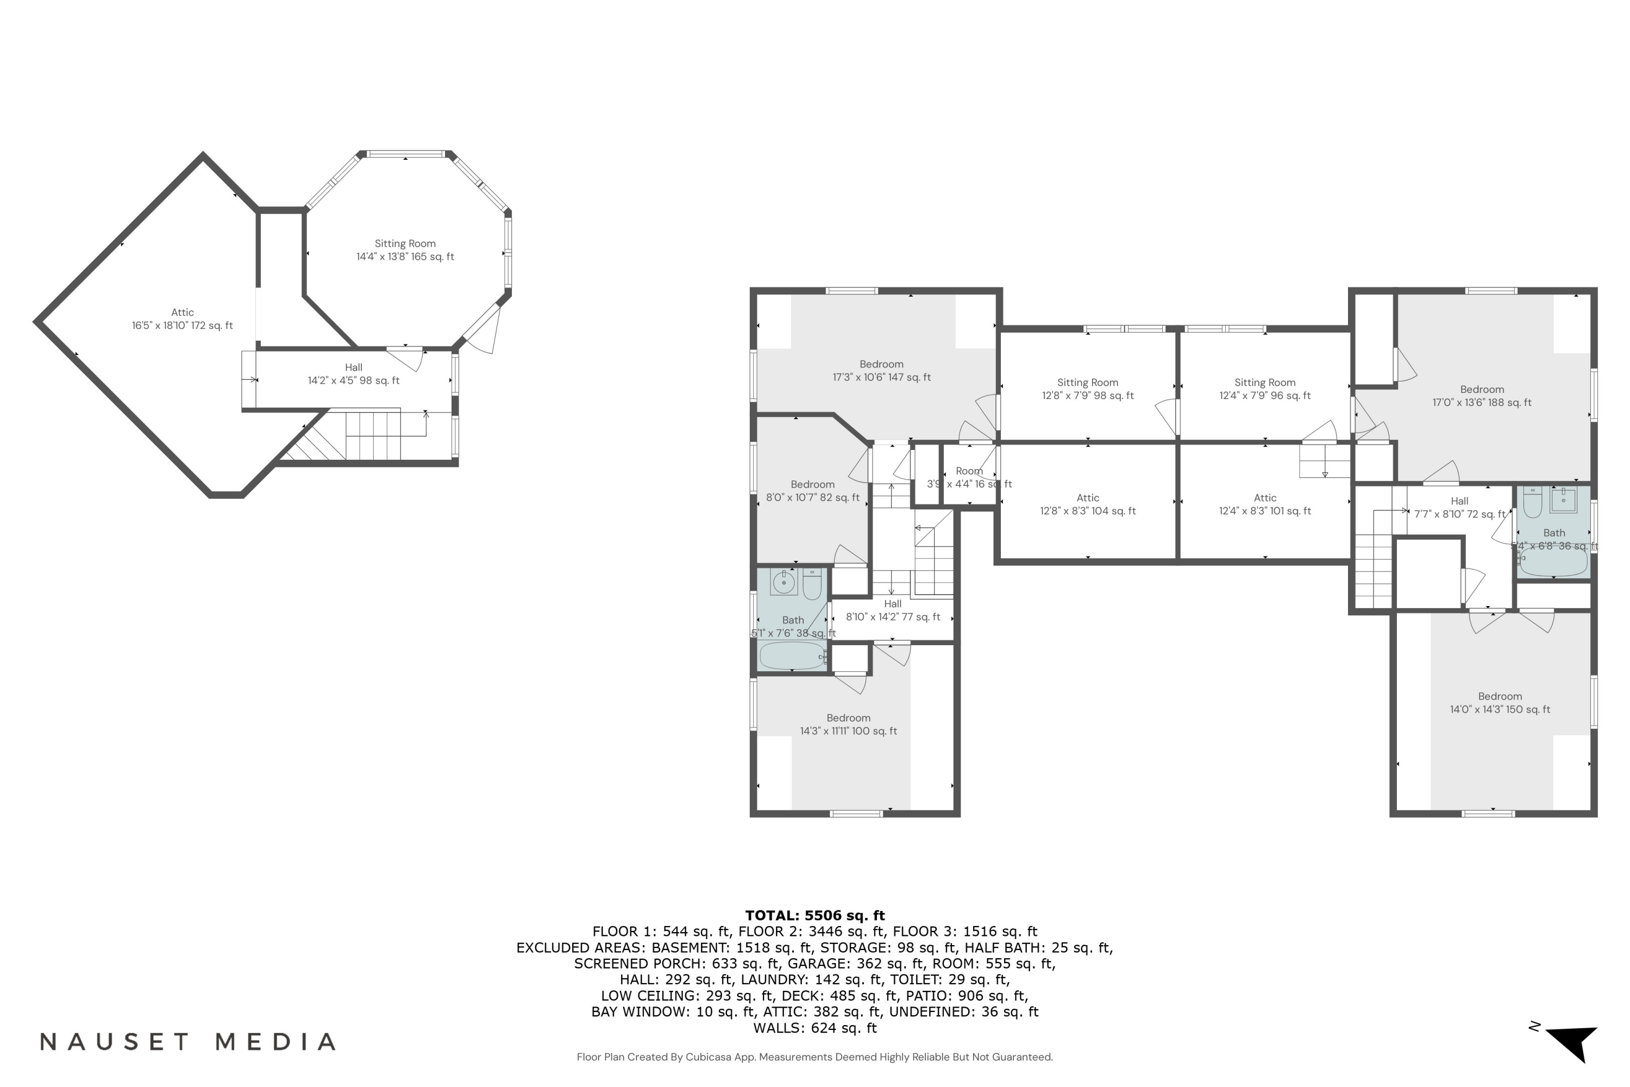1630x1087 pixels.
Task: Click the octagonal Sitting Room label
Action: tap(405, 250)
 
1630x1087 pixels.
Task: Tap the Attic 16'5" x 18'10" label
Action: tap(182, 319)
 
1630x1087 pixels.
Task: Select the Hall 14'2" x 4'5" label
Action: tap(354, 374)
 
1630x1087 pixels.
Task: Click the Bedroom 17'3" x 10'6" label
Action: tap(881, 371)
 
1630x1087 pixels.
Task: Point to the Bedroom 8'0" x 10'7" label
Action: tap(812, 491)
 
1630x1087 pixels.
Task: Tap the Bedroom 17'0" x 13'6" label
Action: tap(1482, 396)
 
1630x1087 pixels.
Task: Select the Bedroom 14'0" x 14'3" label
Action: tap(1500, 703)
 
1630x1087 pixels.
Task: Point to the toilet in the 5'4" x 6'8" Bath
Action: tap(1532, 503)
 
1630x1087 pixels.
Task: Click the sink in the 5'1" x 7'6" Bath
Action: tap(784, 582)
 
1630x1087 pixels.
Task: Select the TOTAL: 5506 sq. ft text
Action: tap(814, 916)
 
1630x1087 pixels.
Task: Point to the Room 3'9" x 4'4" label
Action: tap(969, 478)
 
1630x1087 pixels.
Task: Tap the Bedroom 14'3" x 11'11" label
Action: tap(848, 724)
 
